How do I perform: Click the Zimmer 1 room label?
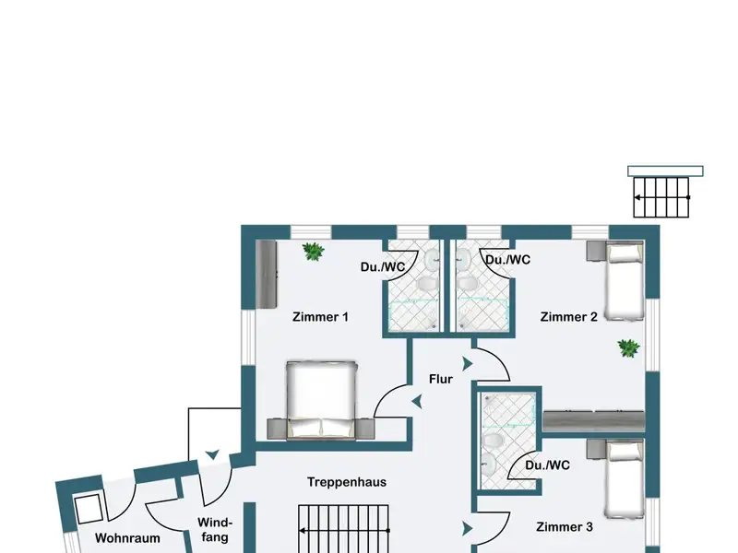[320, 317]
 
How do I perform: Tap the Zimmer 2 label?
[568, 317]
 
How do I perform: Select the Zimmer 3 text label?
[565, 526]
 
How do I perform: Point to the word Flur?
[441, 379]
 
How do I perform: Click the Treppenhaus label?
[347, 482]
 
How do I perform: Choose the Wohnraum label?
[127, 538]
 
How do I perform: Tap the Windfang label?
[215, 530]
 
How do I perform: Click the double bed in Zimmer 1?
[320, 400]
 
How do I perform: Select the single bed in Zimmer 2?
[625, 281]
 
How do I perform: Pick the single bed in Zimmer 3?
[625, 478]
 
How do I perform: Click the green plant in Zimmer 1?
[313, 251]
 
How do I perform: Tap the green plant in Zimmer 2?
[628, 348]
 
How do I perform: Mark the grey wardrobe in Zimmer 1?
[267, 274]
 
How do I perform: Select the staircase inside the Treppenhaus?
[344, 529]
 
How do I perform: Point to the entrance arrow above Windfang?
[213, 454]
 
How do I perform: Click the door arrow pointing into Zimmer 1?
[417, 402]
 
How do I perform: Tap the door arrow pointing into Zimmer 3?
[468, 528]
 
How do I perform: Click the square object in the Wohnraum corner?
[89, 509]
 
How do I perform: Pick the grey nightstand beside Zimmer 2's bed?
[595, 251]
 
